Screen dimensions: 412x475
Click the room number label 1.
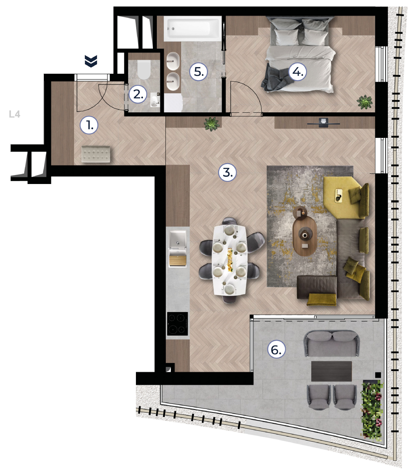89,125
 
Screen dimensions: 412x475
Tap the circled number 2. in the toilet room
138,94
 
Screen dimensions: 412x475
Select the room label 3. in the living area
227,172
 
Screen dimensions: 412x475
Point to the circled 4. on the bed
298,72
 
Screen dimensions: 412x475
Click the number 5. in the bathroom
199,72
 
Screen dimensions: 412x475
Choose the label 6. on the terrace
276,350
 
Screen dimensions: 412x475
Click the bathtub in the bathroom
193,29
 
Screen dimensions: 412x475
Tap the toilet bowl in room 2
144,70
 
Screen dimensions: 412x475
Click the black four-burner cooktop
177,324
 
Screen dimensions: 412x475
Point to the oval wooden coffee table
305,237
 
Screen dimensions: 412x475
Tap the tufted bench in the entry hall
96,154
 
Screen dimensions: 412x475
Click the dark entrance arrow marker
91,61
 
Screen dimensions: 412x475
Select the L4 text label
15,114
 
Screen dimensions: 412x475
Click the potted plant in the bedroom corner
365,102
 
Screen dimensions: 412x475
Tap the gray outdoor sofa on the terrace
331,343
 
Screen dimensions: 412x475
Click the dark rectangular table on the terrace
331,371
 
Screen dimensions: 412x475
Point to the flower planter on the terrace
372,410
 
